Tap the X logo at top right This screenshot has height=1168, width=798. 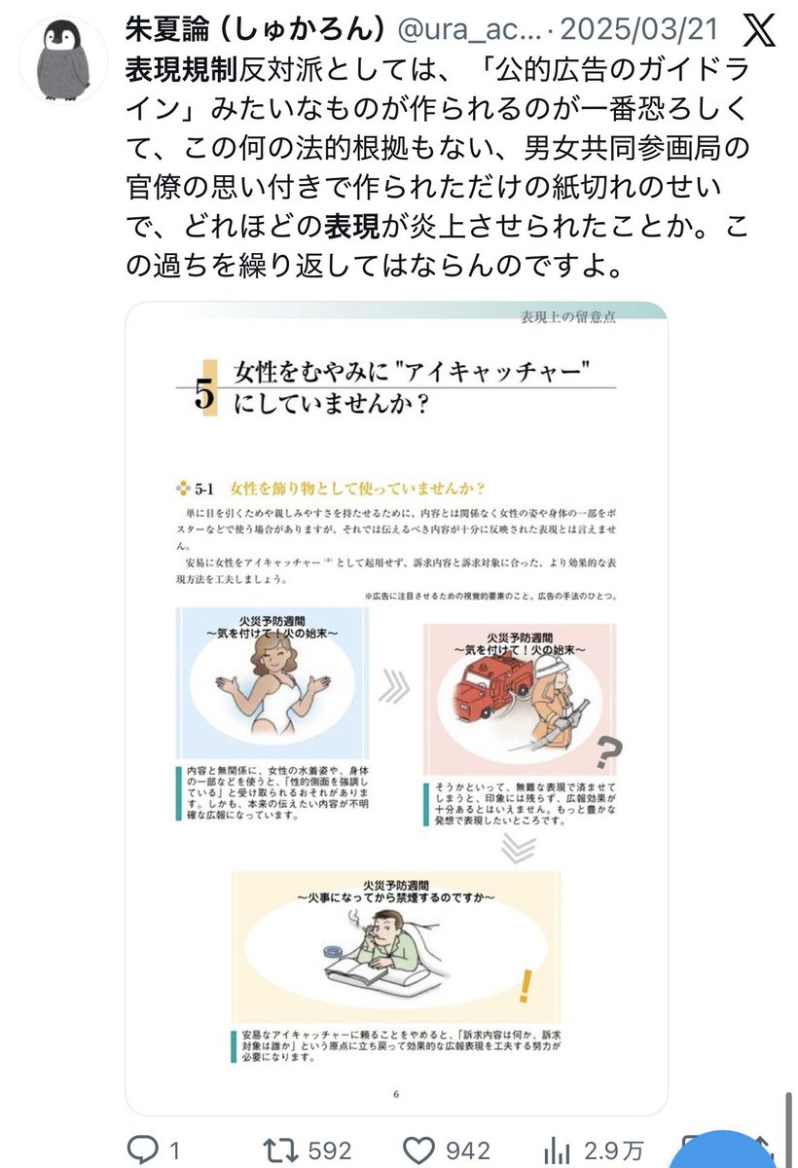tap(758, 30)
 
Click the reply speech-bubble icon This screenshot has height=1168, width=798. tap(143, 1149)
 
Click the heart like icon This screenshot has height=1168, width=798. tap(419, 1149)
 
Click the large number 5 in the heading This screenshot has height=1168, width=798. tap(204, 394)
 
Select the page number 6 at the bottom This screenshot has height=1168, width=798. tap(396, 1093)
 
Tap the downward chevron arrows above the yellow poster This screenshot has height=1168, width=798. tap(518, 848)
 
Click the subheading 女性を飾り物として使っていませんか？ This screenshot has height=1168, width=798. tap(355, 488)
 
